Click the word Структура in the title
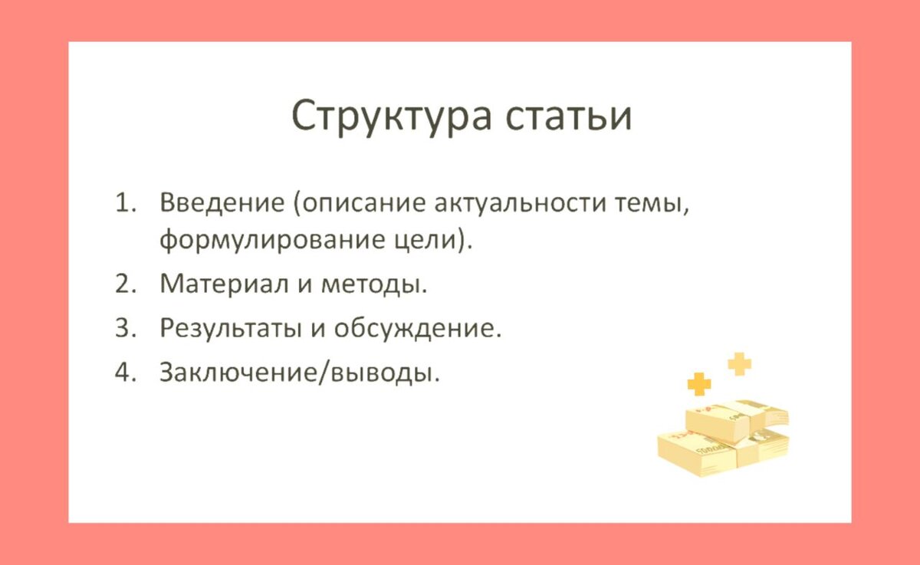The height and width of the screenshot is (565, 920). [391, 117]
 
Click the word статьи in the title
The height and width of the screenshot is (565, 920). [569, 117]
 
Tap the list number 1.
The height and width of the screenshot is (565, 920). [125, 203]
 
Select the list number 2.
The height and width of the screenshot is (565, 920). [125, 284]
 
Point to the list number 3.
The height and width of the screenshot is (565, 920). [125, 328]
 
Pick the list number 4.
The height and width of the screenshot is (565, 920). [125, 372]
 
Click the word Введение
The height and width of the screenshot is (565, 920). [222, 203]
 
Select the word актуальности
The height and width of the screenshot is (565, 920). [521, 203]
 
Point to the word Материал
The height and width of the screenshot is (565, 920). [224, 284]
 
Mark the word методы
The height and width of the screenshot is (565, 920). [373, 284]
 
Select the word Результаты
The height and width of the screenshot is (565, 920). [231, 328]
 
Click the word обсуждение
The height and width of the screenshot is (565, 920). [417, 327]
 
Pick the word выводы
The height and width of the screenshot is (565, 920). [382, 373]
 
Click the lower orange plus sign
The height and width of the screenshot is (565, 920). [699, 384]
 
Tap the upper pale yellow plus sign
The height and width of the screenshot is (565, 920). [740, 364]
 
